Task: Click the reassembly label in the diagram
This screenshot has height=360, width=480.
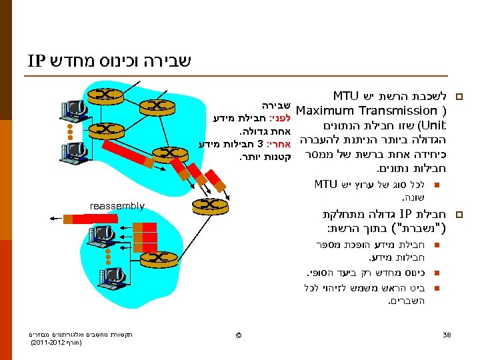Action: click(x=117, y=206)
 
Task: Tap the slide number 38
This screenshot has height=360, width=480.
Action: click(x=447, y=334)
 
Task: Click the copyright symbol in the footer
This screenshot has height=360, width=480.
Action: click(x=238, y=334)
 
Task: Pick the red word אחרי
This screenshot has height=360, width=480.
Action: click(x=279, y=144)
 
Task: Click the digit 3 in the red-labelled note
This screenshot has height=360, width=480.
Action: click(x=261, y=144)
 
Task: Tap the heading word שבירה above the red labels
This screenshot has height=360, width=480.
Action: click(x=273, y=105)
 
